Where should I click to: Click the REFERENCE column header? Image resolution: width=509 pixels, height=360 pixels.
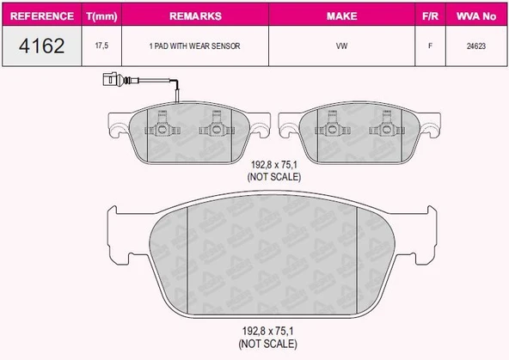[x=42, y=15]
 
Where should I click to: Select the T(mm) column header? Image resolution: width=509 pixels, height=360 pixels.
[x=101, y=16]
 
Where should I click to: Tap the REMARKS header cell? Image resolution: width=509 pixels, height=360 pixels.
[x=195, y=15]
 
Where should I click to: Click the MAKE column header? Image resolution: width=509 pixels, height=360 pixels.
[x=342, y=15]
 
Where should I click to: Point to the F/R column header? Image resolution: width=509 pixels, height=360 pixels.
[x=430, y=15]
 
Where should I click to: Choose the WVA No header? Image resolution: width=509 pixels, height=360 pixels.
[x=476, y=15]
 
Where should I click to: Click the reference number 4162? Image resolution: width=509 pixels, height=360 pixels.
[x=41, y=46]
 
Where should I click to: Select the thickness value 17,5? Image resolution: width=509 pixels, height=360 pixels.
[x=101, y=46]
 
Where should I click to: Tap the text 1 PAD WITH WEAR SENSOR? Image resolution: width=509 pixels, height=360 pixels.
[x=195, y=46]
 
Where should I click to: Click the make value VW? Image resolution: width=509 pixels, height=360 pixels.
[x=342, y=46]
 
